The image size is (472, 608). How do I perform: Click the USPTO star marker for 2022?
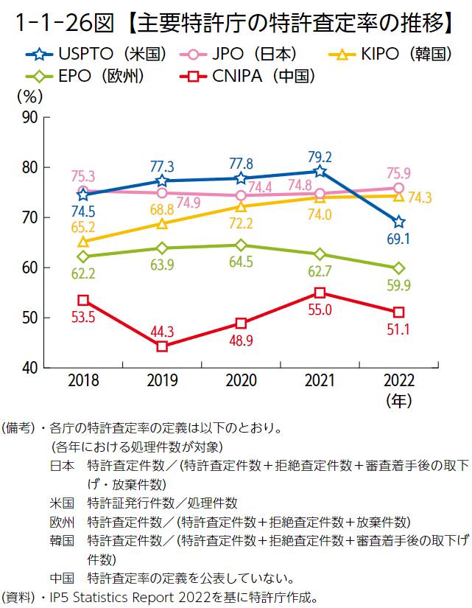(x=398, y=222)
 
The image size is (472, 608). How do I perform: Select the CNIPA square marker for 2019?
(x=162, y=346)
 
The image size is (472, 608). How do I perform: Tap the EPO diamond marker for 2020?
(x=241, y=245)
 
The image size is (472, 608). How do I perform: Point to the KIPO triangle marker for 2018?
(x=83, y=241)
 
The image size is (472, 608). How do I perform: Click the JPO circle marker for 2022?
(x=398, y=188)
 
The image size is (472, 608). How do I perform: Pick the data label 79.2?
(x=319, y=157)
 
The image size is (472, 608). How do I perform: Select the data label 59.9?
(x=398, y=284)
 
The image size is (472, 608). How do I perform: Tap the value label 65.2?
(x=83, y=228)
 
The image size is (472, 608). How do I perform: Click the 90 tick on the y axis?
(x=30, y=118)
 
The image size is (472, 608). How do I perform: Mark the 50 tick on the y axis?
(x=30, y=318)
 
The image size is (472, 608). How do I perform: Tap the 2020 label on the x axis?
(x=241, y=381)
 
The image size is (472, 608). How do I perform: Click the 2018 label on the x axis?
(x=83, y=381)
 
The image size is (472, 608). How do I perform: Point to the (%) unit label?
(x=28, y=95)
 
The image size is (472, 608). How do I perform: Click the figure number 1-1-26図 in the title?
(x=66, y=24)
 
